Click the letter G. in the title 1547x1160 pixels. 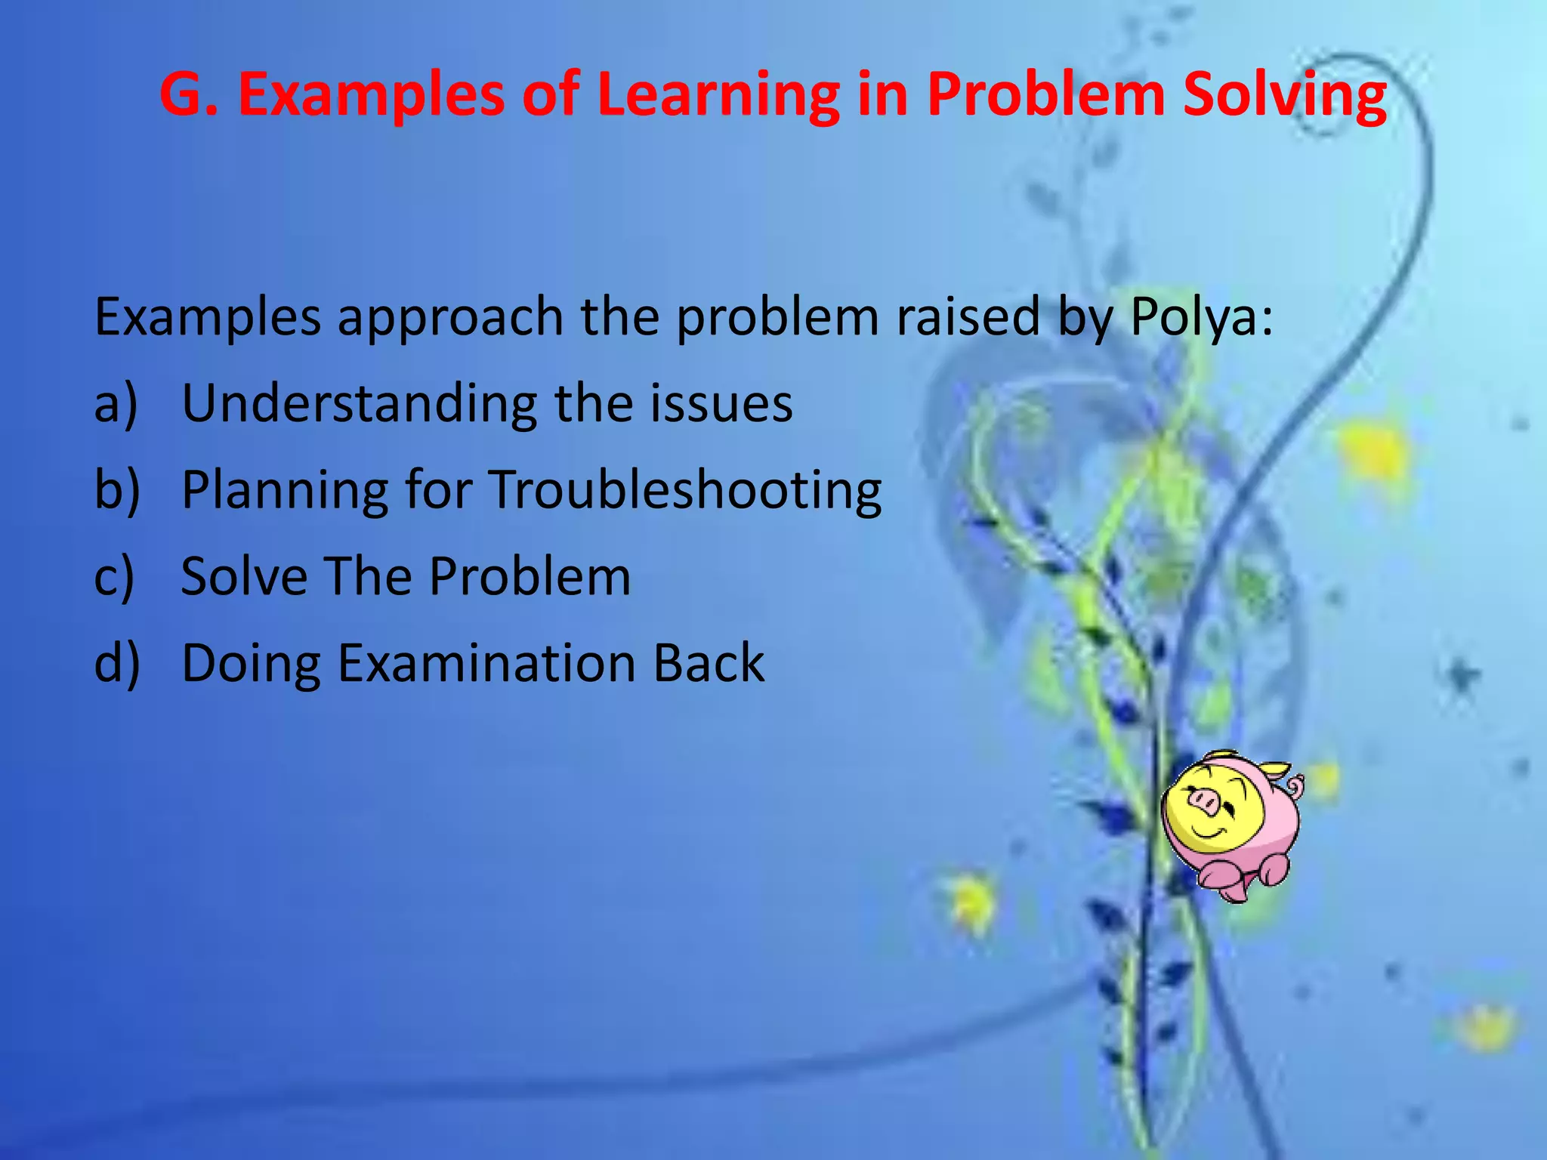[189, 94]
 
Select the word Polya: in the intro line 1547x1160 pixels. [1201, 317]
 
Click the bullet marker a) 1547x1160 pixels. [116, 403]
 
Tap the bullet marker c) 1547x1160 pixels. [114, 577]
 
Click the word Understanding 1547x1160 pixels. [360, 405]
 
